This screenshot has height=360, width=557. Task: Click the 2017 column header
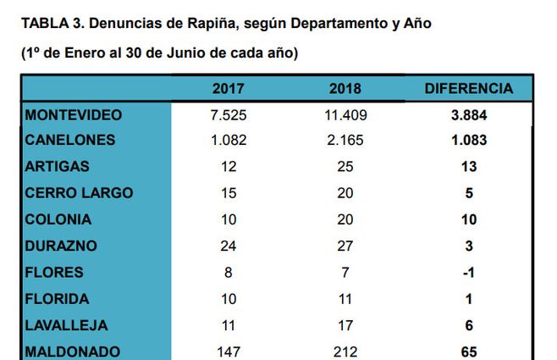[229, 88]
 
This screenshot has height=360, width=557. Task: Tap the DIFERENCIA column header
[468, 88]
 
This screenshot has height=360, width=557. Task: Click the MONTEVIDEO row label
[74, 114]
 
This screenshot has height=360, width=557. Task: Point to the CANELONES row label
[70, 140]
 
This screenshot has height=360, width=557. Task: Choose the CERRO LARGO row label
[80, 192]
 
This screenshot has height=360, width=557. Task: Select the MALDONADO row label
[73, 351]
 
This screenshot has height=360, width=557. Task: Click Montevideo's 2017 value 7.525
[229, 114]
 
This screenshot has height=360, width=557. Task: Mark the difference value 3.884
[468, 114]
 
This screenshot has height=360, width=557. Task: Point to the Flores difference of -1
[468, 272]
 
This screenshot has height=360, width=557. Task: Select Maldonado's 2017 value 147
[229, 351]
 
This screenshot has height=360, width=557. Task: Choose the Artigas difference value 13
[468, 167]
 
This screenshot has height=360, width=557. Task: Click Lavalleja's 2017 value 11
[229, 324]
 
